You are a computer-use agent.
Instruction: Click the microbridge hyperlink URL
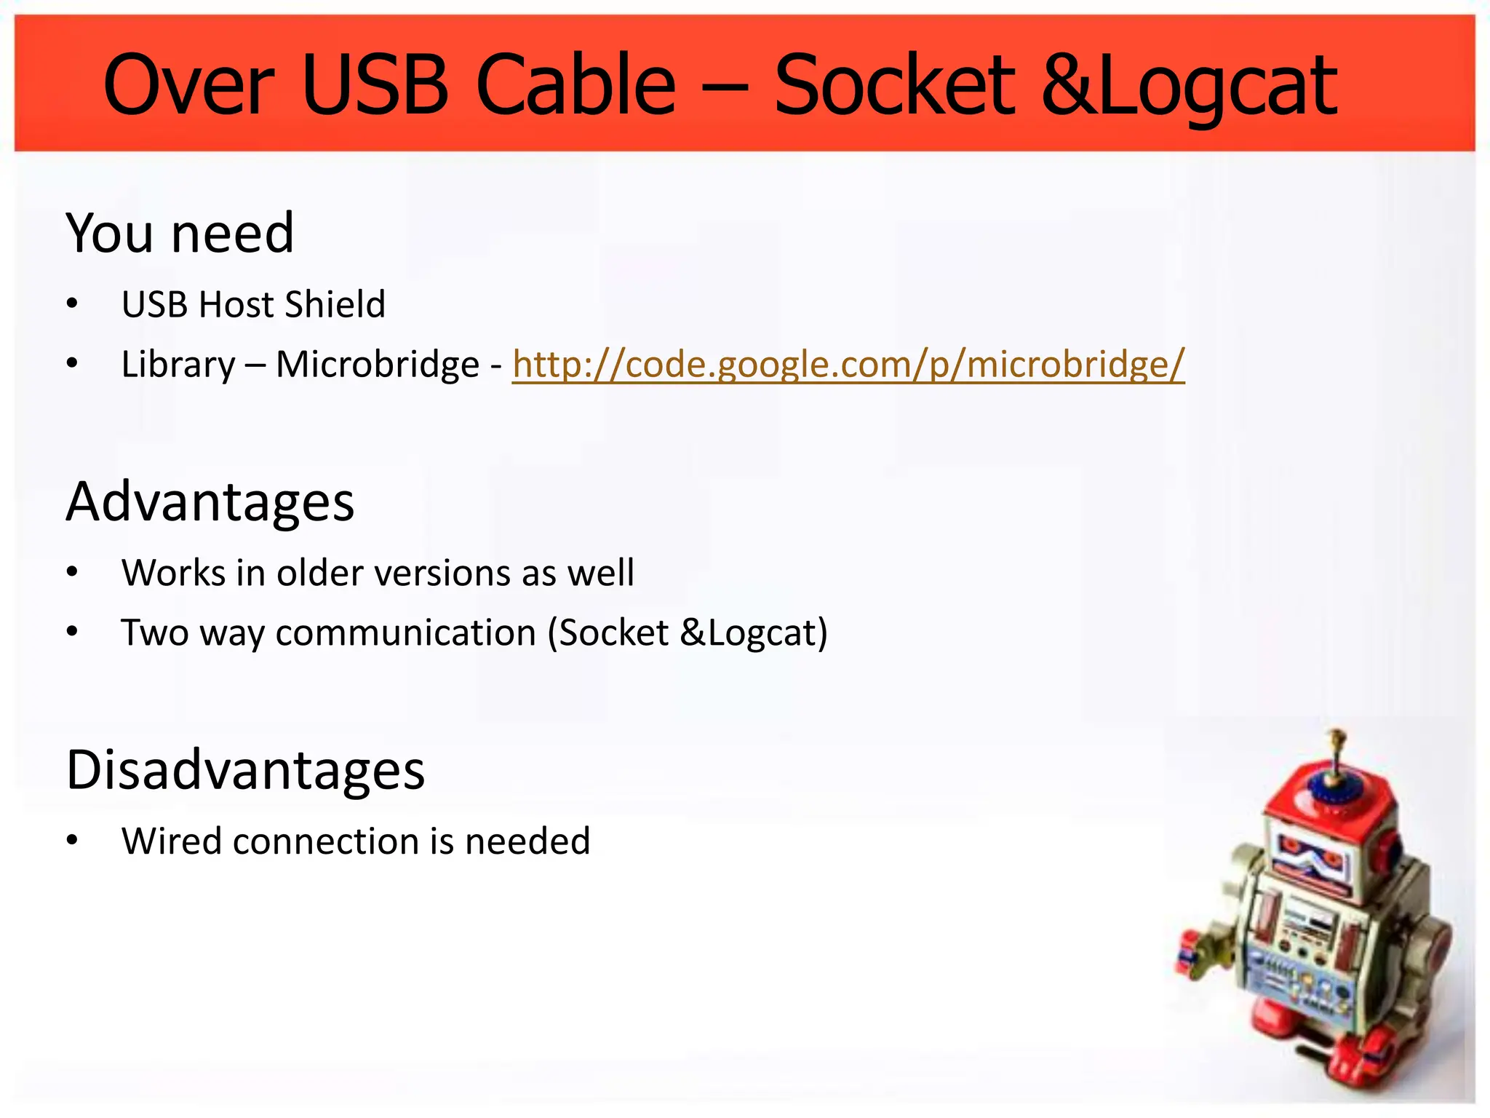(x=848, y=365)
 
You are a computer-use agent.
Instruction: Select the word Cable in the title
(x=575, y=86)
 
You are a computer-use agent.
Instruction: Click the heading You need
(x=180, y=234)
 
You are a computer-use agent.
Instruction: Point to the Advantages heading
(x=210, y=502)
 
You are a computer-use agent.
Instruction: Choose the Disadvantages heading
(x=245, y=770)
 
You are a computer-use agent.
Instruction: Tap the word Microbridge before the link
(x=378, y=365)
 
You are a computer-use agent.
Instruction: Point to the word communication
(x=405, y=633)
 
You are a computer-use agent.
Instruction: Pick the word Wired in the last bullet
(x=171, y=841)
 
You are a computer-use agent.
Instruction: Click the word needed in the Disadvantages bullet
(x=527, y=841)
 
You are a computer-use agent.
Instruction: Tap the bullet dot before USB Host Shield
(x=71, y=304)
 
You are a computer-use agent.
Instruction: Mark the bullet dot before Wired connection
(x=71, y=841)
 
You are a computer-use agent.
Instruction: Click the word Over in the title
(x=188, y=86)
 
